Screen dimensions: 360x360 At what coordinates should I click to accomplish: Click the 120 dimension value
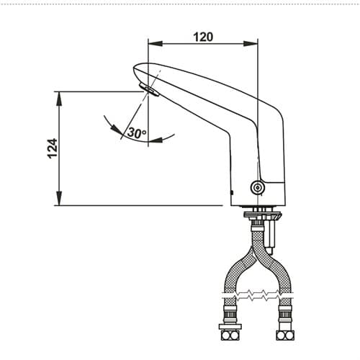(x=203, y=37)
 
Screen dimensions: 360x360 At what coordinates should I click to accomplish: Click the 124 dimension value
(x=53, y=148)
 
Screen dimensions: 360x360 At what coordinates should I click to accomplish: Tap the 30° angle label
(x=136, y=132)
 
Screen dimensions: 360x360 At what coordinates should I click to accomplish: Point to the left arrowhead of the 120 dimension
(x=156, y=44)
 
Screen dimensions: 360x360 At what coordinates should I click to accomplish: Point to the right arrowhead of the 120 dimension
(x=251, y=44)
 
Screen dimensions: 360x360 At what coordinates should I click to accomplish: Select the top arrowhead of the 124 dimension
(x=59, y=99)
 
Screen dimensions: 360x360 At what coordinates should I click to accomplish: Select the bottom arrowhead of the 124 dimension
(x=59, y=198)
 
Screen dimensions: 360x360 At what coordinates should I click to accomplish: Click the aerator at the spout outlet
(x=149, y=90)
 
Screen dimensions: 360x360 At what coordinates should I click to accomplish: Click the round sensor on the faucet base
(x=258, y=187)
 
